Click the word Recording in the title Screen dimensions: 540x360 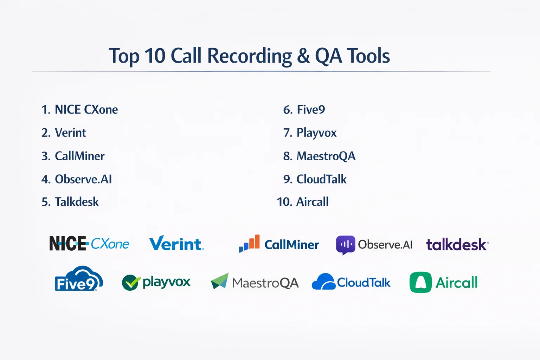click(x=250, y=56)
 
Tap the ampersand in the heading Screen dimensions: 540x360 click(x=303, y=56)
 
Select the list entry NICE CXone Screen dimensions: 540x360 click(x=86, y=109)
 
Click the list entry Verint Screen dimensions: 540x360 click(x=70, y=133)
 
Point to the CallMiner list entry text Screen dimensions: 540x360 click(x=80, y=156)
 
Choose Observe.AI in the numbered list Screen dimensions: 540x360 click(x=83, y=179)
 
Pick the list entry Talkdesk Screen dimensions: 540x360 click(x=77, y=201)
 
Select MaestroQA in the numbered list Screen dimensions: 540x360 click(x=326, y=156)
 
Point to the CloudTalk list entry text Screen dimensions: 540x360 click(x=321, y=179)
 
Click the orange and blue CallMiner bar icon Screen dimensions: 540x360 click(x=249, y=243)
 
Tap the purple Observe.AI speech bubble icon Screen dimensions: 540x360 click(x=346, y=245)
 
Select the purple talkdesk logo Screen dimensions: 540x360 click(x=457, y=244)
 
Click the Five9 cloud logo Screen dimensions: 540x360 click(x=79, y=279)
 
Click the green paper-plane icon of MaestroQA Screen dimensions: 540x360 click(x=220, y=281)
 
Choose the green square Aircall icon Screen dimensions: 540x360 click(x=421, y=282)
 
